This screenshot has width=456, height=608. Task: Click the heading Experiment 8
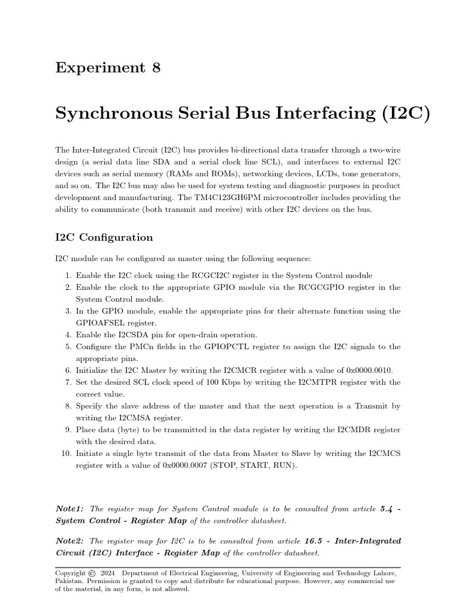click(107, 68)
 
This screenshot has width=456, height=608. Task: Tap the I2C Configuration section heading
click(104, 237)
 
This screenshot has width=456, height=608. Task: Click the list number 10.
click(65, 454)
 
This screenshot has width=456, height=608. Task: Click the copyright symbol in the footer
click(91, 573)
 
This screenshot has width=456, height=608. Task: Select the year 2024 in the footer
click(107, 573)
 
